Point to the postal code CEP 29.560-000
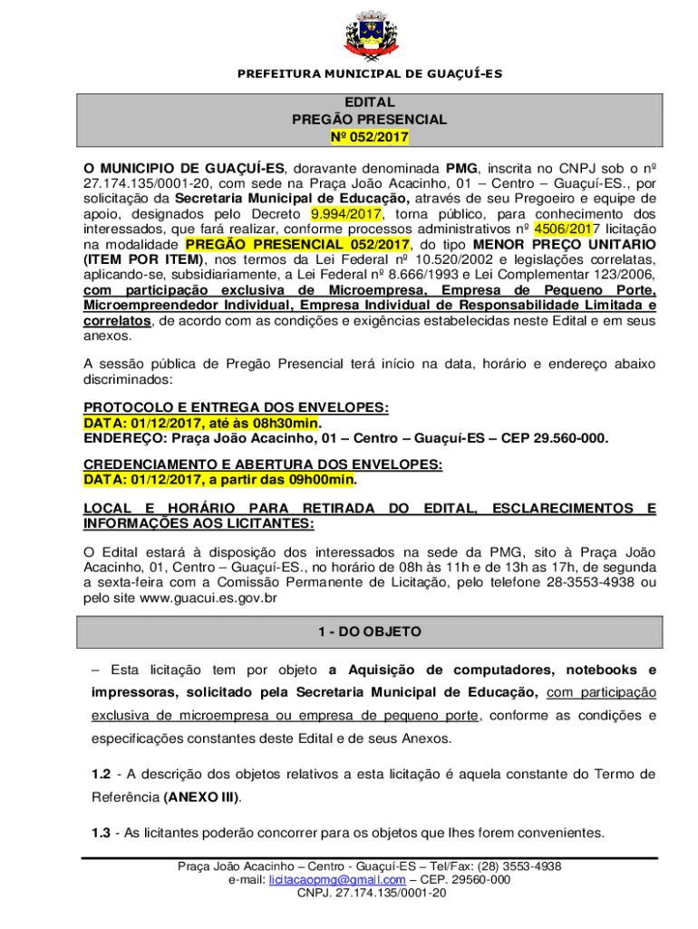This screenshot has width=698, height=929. pos(560,438)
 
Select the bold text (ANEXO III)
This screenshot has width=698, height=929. pos(202,797)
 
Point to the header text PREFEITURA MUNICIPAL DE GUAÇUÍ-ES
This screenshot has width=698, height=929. pos(369,73)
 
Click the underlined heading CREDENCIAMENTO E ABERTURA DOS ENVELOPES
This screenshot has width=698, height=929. pos(263,465)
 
